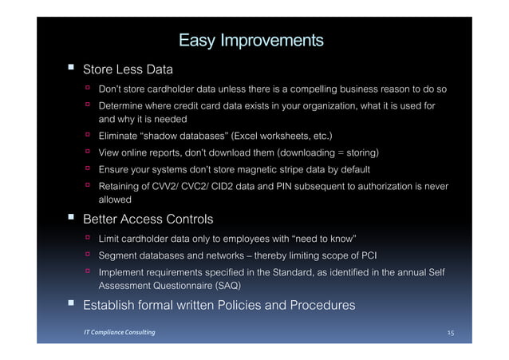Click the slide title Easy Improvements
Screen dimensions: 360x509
[x=251, y=40]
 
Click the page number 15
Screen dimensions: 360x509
[x=452, y=331]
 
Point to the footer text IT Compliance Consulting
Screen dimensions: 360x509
[x=120, y=331]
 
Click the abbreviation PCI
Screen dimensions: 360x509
[x=367, y=255]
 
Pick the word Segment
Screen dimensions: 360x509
[x=119, y=255]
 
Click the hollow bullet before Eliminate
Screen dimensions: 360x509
[x=89, y=135]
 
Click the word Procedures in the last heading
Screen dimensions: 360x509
[x=319, y=305]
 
